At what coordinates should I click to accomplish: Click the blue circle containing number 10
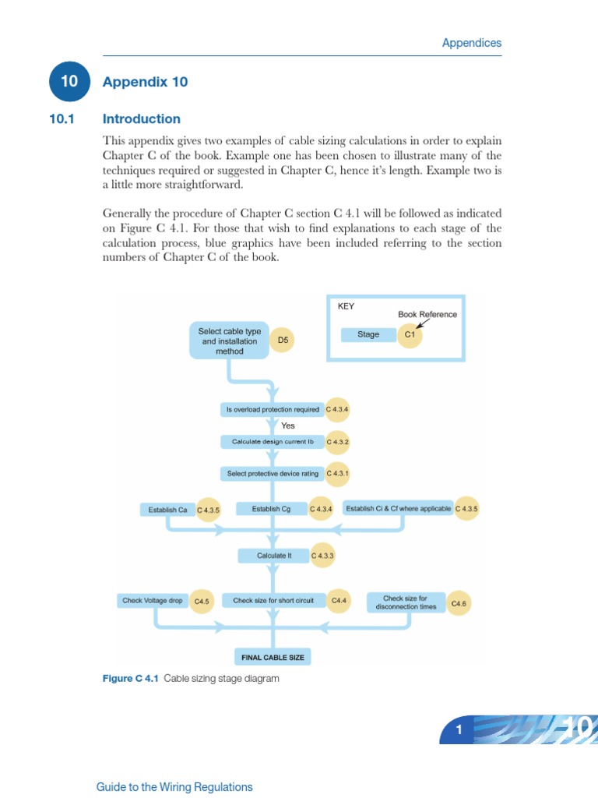click(69, 82)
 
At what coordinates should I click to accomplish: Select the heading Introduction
click(141, 119)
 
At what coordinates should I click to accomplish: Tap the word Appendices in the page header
click(471, 43)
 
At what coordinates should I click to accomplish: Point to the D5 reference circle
click(283, 341)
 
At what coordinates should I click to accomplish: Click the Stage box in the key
click(368, 334)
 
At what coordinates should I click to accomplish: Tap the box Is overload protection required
click(273, 409)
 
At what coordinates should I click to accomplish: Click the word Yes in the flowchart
click(288, 425)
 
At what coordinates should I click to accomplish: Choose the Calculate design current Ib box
click(273, 442)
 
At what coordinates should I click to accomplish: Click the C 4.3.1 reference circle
click(338, 473)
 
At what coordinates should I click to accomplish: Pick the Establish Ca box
click(167, 510)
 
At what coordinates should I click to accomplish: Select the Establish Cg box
click(271, 509)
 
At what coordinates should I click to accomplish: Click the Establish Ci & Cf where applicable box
click(398, 509)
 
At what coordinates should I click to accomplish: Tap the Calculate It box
click(273, 556)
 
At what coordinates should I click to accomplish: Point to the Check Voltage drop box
click(152, 601)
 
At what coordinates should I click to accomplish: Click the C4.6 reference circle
click(459, 602)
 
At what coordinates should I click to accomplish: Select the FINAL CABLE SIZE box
click(273, 657)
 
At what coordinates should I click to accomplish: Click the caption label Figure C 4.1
click(130, 679)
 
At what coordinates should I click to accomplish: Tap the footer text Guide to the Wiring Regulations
click(174, 787)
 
